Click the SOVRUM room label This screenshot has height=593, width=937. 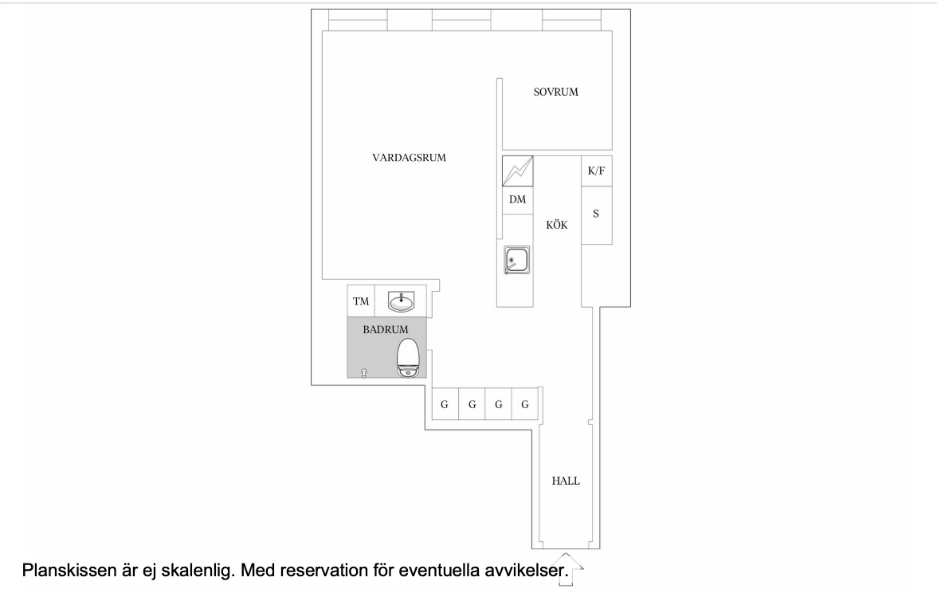(x=556, y=92)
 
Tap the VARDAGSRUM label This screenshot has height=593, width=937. (x=410, y=158)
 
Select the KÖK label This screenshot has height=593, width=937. (x=557, y=225)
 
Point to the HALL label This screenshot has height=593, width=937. (x=566, y=481)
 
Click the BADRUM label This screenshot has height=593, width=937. (x=386, y=329)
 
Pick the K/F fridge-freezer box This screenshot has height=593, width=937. (x=596, y=171)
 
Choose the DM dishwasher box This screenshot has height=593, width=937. (x=518, y=200)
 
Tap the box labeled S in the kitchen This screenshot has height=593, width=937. (x=596, y=214)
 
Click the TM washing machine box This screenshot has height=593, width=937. (x=361, y=301)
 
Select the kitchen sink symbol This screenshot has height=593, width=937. (x=517, y=260)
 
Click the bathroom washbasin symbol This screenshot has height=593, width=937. (x=401, y=302)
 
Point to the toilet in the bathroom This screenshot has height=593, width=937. (x=408, y=358)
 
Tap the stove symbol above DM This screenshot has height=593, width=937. (x=518, y=171)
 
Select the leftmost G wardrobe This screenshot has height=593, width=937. (x=445, y=404)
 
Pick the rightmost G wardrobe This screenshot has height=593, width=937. (x=525, y=404)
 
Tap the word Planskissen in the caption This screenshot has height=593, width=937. (x=69, y=571)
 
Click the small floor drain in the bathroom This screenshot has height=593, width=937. (x=364, y=374)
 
